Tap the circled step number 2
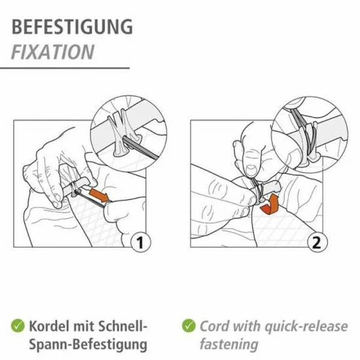pos(317,243)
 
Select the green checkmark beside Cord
pos(189,326)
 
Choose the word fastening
pos(229,344)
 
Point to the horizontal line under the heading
pos(65,67)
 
